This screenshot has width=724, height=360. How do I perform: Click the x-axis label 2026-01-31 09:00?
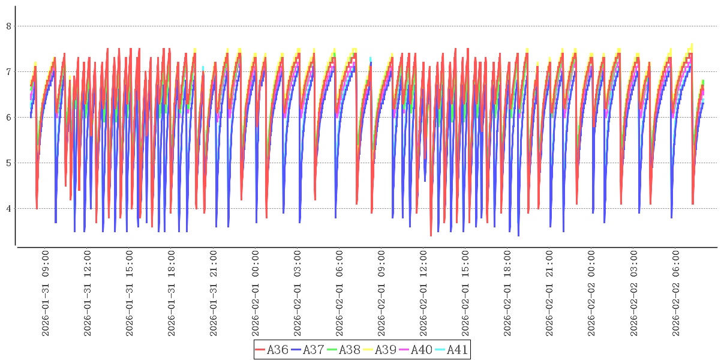pyautogui.click(x=46, y=293)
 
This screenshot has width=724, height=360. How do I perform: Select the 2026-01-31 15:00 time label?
pyautogui.click(x=130, y=293)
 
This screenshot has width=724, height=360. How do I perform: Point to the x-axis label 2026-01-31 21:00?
pyautogui.click(x=214, y=293)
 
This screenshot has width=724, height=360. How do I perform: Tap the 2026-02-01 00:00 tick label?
pyautogui.click(x=256, y=293)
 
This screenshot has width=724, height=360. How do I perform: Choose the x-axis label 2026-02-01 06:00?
pyautogui.click(x=340, y=293)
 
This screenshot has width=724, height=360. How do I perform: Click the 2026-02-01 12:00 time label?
pyautogui.click(x=423, y=293)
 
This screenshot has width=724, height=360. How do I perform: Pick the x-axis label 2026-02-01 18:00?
pyautogui.click(x=507, y=293)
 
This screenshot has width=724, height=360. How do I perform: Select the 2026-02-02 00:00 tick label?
pyautogui.click(x=591, y=293)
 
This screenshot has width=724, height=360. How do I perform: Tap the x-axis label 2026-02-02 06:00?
pyautogui.click(x=675, y=293)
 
